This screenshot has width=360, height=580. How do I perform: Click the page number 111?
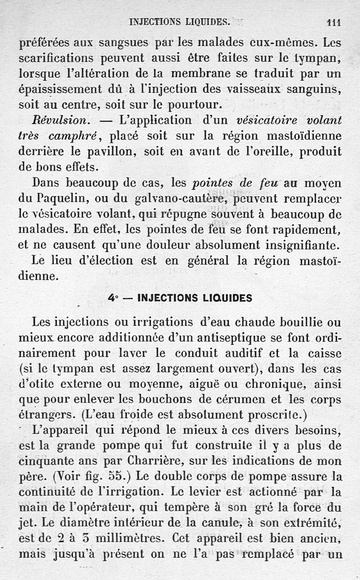point(333,21)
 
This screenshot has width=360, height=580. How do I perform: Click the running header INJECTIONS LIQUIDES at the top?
point(180,21)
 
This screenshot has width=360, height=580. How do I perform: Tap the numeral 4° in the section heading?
point(112,298)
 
